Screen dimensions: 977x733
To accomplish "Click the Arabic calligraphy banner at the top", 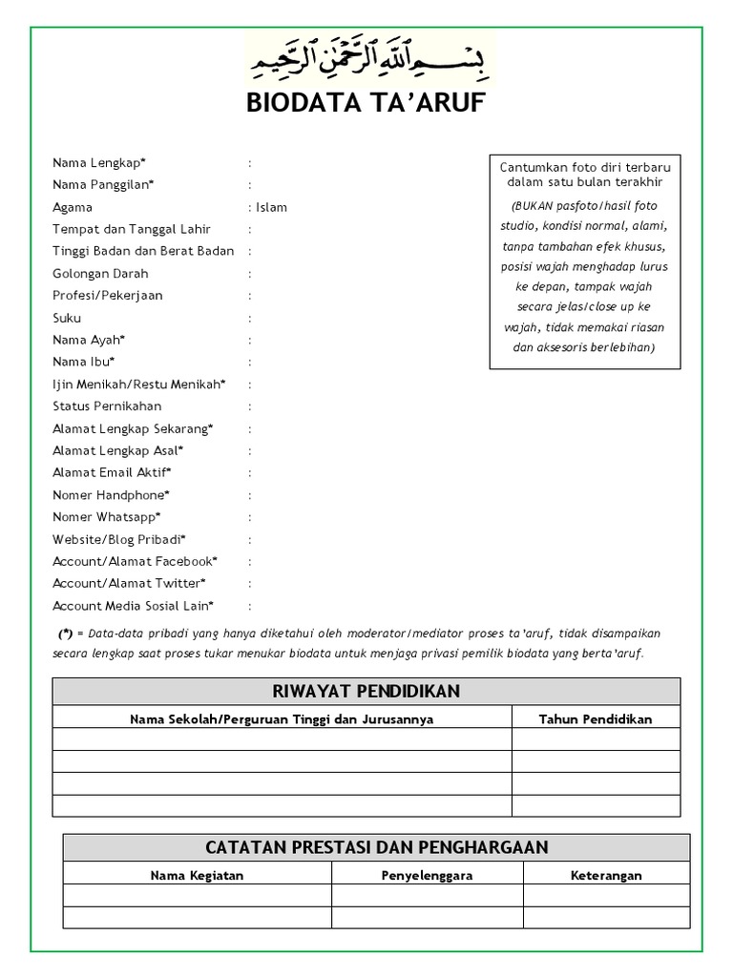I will tap(366, 58).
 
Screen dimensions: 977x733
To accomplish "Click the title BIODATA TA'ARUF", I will tap(366, 104).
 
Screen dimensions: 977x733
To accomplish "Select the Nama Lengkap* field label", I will tap(99, 163).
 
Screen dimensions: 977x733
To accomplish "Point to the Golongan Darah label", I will tap(100, 274).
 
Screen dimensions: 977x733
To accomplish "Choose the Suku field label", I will tap(67, 318).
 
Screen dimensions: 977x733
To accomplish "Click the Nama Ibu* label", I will tap(84, 362).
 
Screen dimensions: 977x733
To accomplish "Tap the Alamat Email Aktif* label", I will tap(113, 472).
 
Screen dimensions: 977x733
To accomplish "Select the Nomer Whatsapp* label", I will tap(107, 517).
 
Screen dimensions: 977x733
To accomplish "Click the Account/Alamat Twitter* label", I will tap(130, 583).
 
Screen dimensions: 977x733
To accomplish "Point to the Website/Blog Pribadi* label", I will tap(119, 539).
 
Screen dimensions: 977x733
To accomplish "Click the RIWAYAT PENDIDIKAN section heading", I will tap(366, 691).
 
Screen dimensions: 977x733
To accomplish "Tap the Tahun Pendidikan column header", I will tap(596, 719).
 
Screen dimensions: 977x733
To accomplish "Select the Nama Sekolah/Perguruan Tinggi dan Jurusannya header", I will tap(282, 719).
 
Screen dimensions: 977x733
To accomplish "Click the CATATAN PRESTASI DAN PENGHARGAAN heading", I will tap(376, 847).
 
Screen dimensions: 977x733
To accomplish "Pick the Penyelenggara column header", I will tap(428, 875).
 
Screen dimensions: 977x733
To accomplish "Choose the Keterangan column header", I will tap(606, 875).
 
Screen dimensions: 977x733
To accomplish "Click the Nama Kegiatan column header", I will tap(197, 875).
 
